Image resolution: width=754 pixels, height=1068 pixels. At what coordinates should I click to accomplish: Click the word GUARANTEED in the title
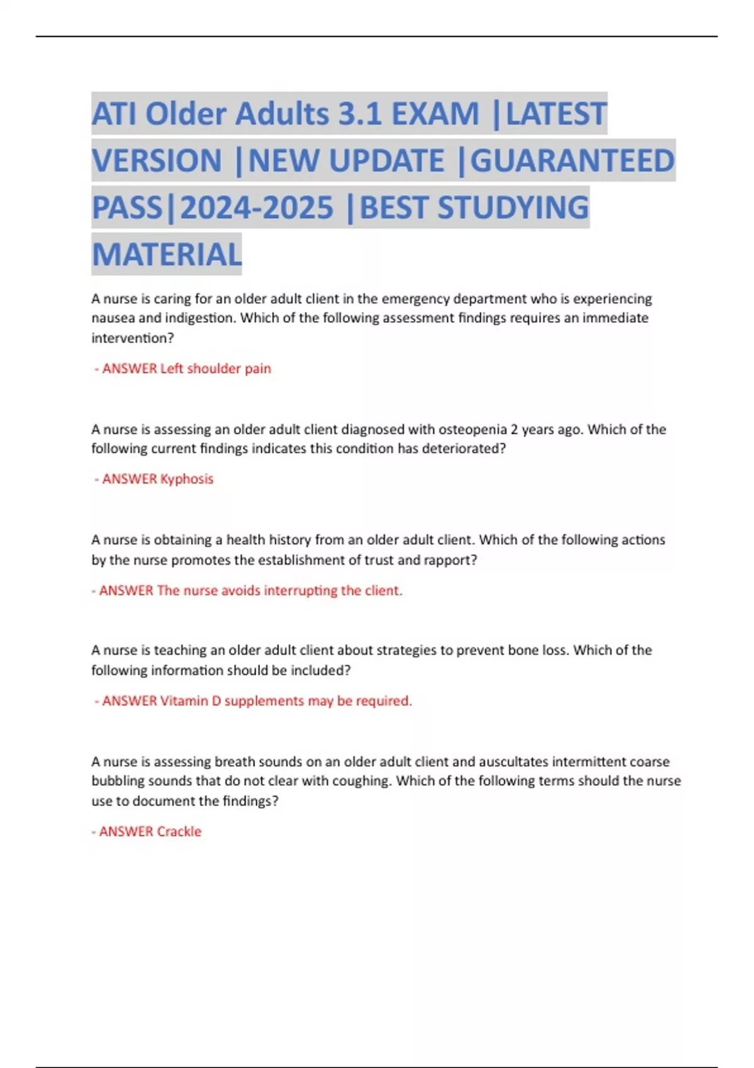pos(572,160)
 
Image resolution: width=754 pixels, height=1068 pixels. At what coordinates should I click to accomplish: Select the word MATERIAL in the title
pos(167,254)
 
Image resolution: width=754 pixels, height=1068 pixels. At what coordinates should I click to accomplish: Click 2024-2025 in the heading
pos(256,208)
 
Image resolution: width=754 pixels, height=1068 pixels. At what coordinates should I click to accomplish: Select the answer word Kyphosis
pos(187,479)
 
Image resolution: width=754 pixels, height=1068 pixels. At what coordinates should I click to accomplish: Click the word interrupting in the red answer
pos(300,591)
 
